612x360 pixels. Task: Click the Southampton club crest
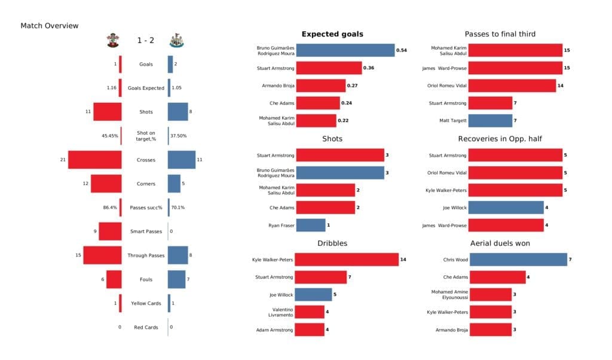(x=112, y=41)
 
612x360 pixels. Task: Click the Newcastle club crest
(x=177, y=41)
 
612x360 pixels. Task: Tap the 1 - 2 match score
(x=146, y=41)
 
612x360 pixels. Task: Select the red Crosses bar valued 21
(x=94, y=160)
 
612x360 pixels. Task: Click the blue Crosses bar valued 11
(x=181, y=160)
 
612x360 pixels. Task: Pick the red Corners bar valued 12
(x=106, y=184)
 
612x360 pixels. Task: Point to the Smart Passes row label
(x=146, y=231)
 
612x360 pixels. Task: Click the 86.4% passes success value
(x=111, y=208)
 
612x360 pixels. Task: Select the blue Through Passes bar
(x=178, y=255)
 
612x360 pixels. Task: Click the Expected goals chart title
(x=332, y=34)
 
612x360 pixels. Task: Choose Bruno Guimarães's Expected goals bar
(x=345, y=51)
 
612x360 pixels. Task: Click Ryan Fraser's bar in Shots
(x=311, y=225)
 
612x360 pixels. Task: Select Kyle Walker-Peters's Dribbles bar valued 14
(x=347, y=260)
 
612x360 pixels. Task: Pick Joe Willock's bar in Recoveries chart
(x=506, y=208)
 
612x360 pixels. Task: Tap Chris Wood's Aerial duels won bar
(x=518, y=260)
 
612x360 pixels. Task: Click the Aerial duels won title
(x=500, y=243)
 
